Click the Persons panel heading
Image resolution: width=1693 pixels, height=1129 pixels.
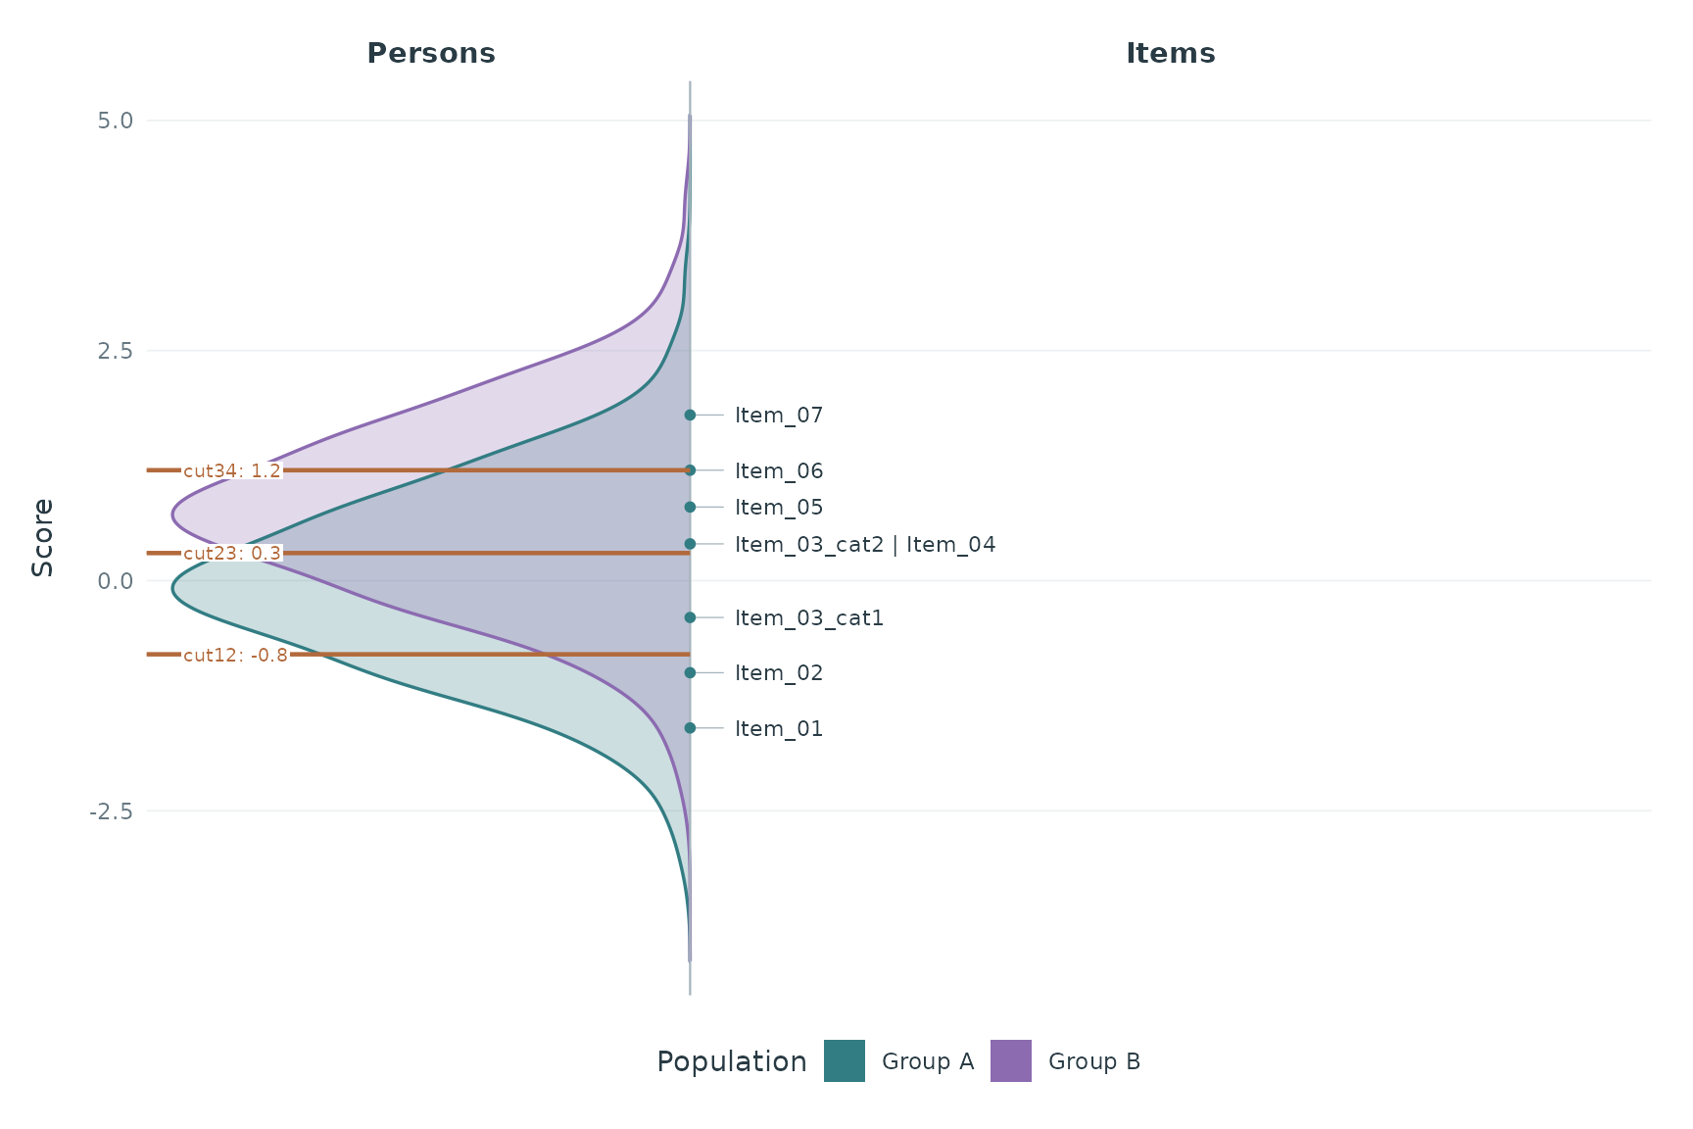(x=431, y=53)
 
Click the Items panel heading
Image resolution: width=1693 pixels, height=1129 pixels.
(x=1170, y=53)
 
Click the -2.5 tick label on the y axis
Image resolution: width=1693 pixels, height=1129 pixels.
(x=109, y=811)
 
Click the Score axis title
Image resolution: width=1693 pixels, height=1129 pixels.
(x=42, y=537)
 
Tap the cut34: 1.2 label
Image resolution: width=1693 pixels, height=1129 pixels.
(x=232, y=470)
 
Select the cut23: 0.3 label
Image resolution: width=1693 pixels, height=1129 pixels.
(x=232, y=553)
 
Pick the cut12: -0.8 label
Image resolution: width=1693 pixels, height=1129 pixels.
(x=236, y=655)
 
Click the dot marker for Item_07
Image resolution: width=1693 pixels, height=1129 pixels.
(x=690, y=415)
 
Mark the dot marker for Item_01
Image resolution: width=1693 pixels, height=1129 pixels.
(x=690, y=728)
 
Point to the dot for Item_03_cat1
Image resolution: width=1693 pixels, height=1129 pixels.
(x=690, y=617)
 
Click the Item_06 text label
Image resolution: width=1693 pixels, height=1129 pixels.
(x=779, y=471)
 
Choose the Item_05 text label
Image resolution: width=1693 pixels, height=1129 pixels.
(x=779, y=508)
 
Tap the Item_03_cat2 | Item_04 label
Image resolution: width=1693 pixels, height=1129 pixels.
(x=865, y=545)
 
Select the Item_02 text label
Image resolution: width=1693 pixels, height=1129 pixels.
(x=779, y=673)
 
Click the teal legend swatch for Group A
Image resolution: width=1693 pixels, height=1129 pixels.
(x=845, y=1061)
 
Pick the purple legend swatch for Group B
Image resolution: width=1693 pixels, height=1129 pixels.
(x=1011, y=1061)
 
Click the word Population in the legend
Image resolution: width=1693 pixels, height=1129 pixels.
(x=732, y=1062)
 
